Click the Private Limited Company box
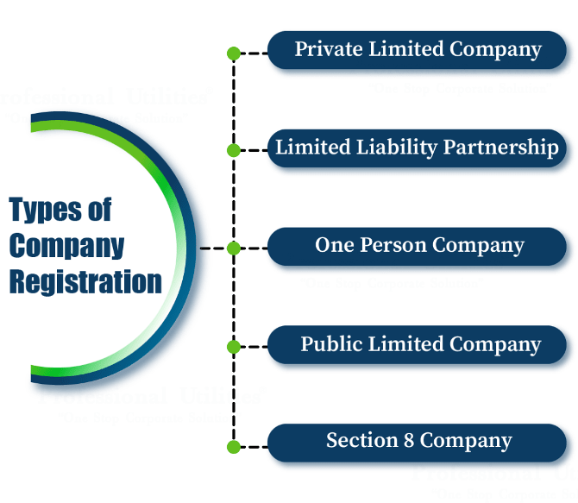pyautogui.click(x=418, y=50)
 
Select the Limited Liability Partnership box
pyautogui.click(x=418, y=148)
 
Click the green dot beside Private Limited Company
pyautogui.click(x=233, y=53)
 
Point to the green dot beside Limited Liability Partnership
pyautogui.click(x=233, y=150)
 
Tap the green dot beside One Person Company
pyautogui.click(x=233, y=248)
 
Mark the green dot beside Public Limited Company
pyautogui.click(x=233, y=347)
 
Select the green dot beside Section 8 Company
pyautogui.click(x=233, y=446)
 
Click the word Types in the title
pyautogui.click(x=48, y=210)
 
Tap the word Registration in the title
pyautogui.click(x=85, y=282)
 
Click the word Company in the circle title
pyautogui.click(x=67, y=246)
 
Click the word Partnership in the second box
pyautogui.click(x=501, y=148)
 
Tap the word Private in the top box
pyautogui.click(x=329, y=50)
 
